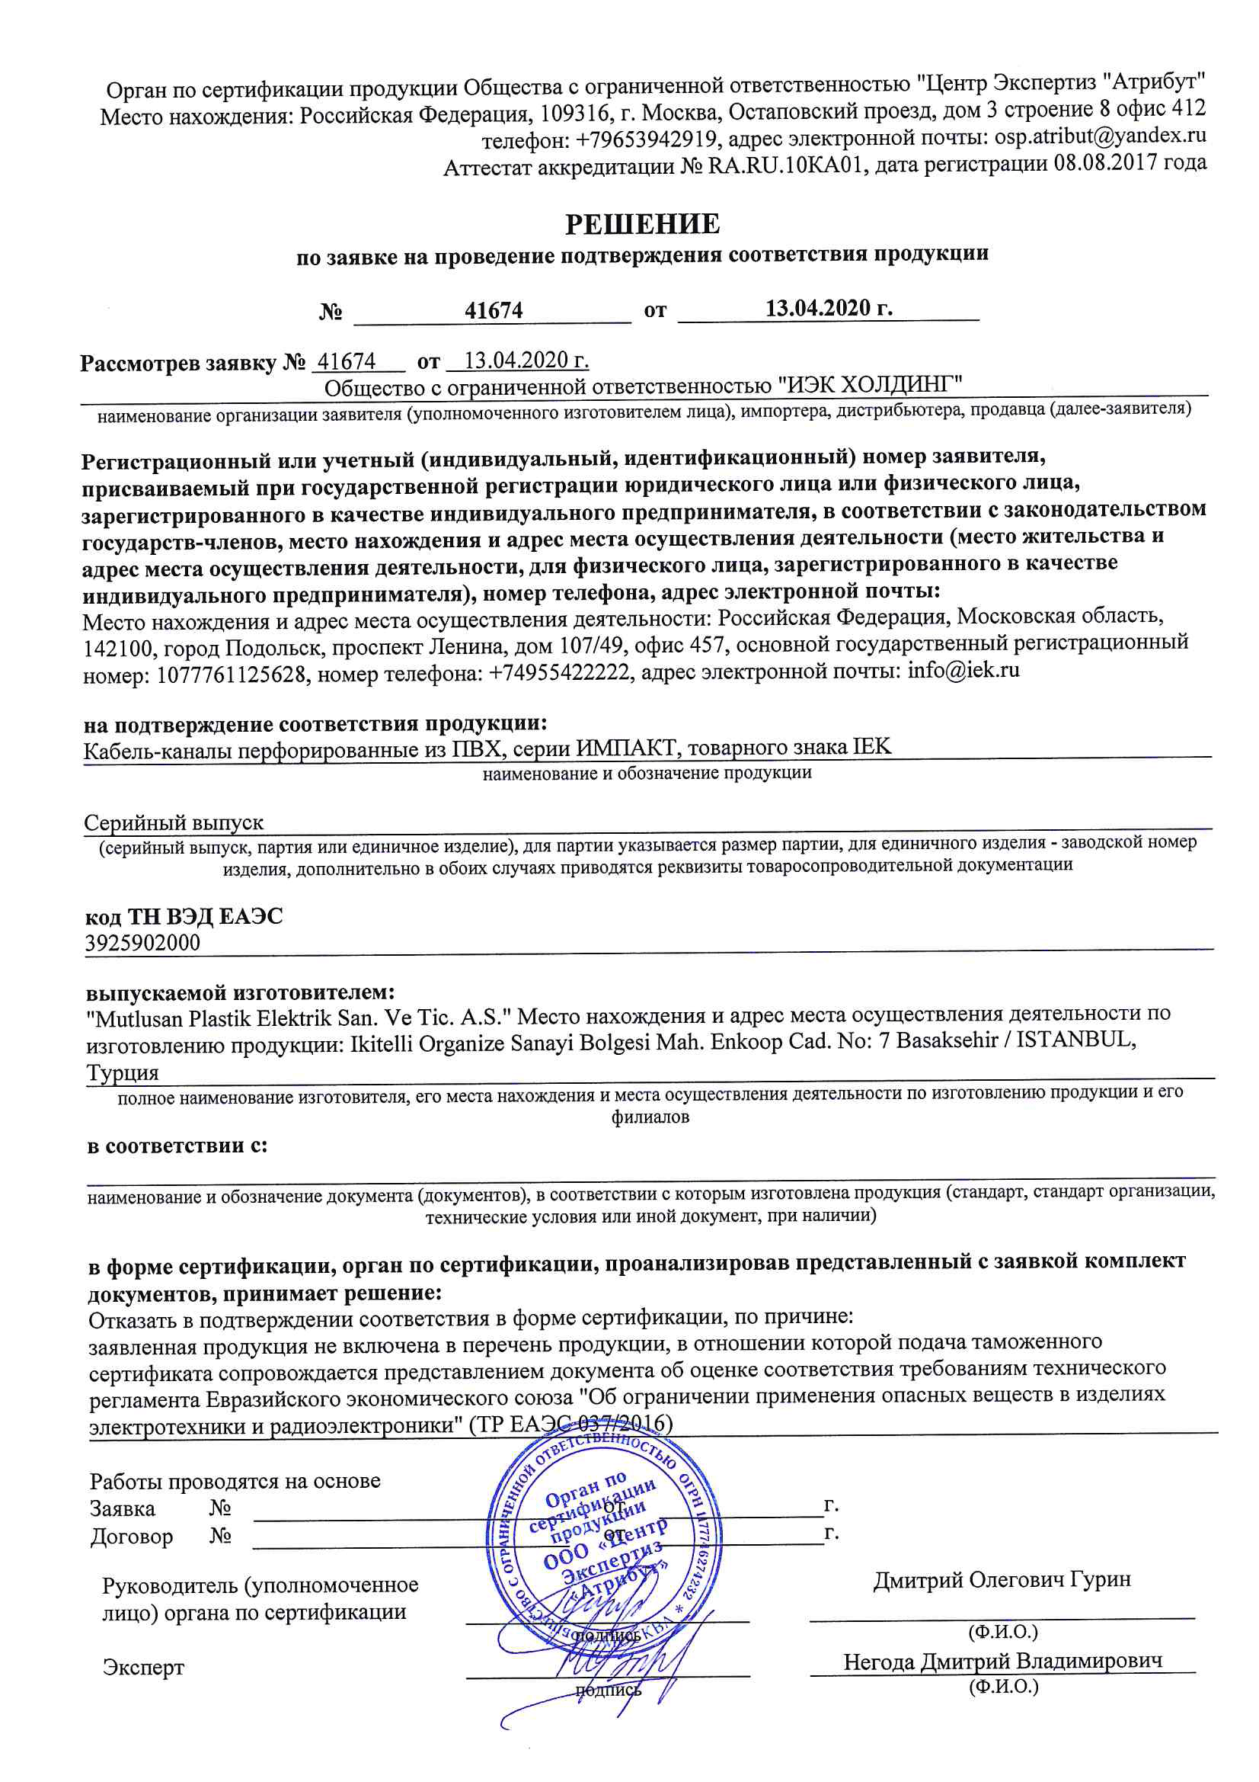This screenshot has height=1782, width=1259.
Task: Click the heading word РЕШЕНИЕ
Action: [x=642, y=224]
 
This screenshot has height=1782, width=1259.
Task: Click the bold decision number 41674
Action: [x=494, y=310]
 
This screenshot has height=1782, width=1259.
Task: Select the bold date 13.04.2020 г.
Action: [x=829, y=308]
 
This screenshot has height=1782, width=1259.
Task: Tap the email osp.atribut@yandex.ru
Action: [x=1100, y=136]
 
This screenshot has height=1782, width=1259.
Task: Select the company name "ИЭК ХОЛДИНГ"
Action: [x=870, y=384]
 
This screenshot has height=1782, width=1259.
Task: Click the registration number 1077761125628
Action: [x=232, y=675]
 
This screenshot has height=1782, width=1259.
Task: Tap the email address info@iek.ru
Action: [x=963, y=669]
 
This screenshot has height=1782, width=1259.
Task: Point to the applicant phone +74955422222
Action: [x=558, y=672]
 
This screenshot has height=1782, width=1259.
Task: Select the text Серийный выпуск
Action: [x=174, y=822]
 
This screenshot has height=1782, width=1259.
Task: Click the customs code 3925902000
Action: [x=142, y=943]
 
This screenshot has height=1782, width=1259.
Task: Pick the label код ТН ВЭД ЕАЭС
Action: [x=184, y=917]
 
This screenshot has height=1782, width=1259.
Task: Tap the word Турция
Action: [x=123, y=1072]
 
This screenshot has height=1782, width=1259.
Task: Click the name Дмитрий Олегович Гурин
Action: [x=1002, y=1579]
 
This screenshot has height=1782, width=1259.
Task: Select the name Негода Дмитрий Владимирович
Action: [x=1003, y=1661]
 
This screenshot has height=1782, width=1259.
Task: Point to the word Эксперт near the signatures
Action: [x=143, y=1667]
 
